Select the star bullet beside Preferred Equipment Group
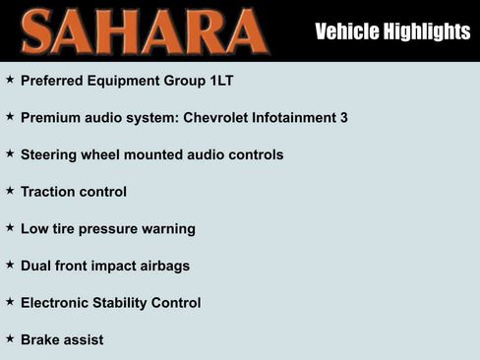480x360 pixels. [10, 79]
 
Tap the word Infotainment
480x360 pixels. [294, 117]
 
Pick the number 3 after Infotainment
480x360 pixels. [343, 117]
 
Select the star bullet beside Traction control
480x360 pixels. [10, 190]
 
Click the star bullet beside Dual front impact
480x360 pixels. [10, 265]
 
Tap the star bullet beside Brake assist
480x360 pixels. [10, 338]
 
